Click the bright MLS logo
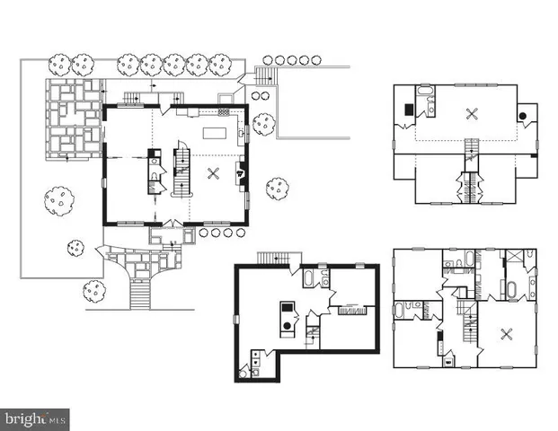coord(36,418)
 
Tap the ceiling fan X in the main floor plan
coord(213,174)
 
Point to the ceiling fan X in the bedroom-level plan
coord(500,335)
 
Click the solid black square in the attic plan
coord(409,110)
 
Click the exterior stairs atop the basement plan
coord(271,259)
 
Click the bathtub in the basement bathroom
coord(307,277)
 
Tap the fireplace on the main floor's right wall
coord(240,173)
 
